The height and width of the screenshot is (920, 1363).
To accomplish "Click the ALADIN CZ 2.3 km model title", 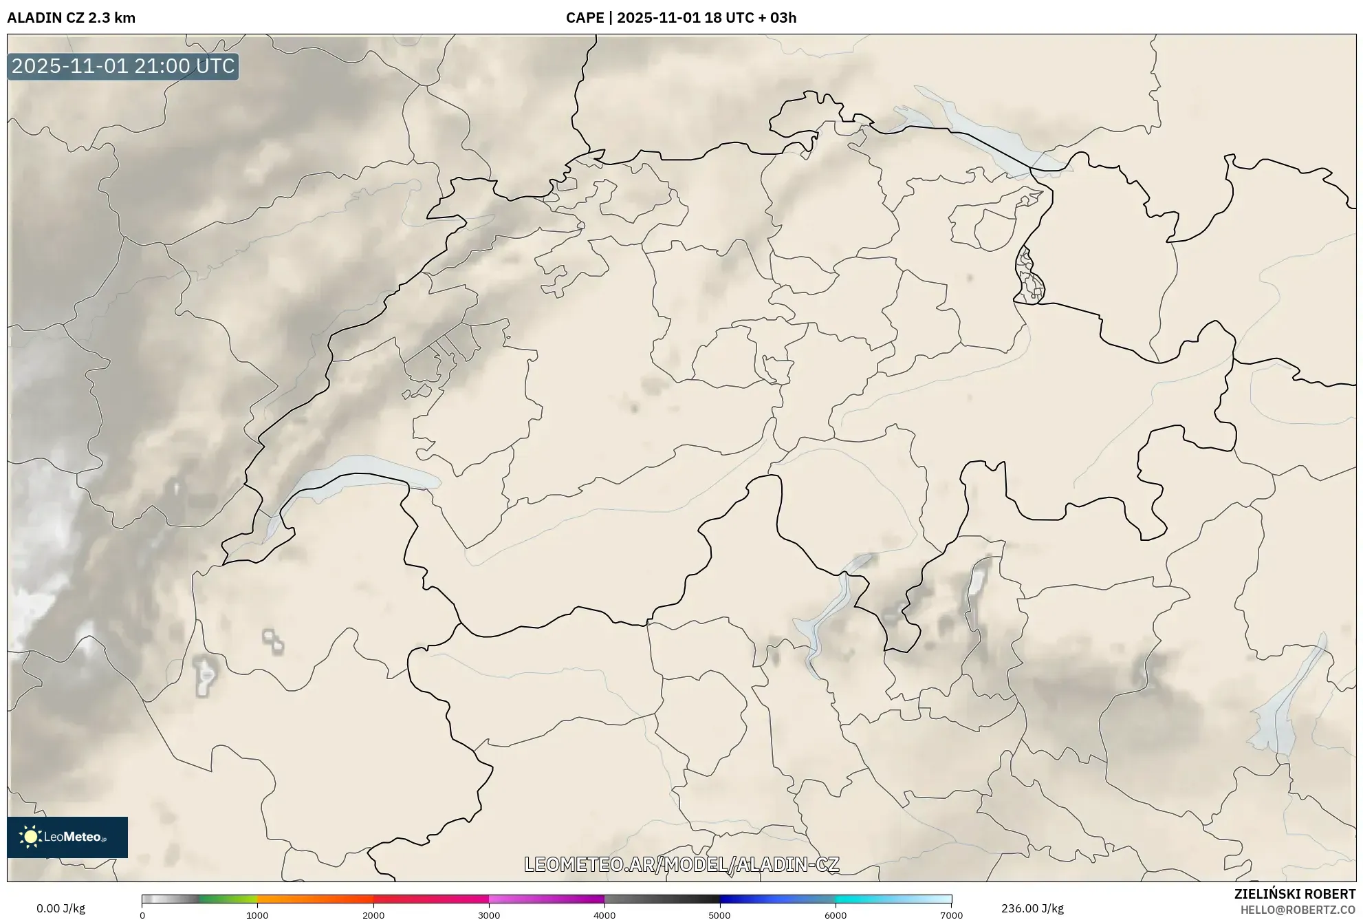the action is tap(71, 18).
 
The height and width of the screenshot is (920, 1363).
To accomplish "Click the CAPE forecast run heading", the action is tap(681, 18).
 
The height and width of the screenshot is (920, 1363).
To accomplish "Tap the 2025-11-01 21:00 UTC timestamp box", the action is tap(123, 66).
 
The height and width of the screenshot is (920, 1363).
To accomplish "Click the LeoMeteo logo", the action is tap(67, 837).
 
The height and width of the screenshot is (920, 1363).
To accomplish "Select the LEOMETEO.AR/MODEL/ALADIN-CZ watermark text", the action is tap(681, 864).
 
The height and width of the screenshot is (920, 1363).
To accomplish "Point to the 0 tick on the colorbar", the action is tap(142, 915).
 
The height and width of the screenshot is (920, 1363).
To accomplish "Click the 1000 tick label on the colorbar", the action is tap(257, 915).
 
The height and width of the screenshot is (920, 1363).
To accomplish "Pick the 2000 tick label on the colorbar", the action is tap(373, 915).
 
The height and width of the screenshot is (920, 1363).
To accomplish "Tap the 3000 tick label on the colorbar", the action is tap(489, 915).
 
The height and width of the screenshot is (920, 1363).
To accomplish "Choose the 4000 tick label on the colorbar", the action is tap(604, 915).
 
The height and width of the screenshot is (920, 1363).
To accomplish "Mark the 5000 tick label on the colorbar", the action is tap(720, 915).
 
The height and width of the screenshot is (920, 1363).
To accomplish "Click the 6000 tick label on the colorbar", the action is tap(836, 915).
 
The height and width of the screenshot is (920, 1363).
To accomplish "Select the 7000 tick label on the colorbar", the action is tap(951, 915).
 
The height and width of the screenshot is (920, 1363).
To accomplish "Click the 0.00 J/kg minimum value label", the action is tap(61, 908).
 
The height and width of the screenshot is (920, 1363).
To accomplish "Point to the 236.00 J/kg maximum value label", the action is tap(1032, 908).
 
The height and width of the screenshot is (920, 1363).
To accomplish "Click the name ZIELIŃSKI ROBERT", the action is tap(1295, 894).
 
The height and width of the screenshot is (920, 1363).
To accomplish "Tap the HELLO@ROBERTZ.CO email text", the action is tap(1298, 910).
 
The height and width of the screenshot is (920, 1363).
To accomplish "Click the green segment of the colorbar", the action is tap(227, 899).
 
